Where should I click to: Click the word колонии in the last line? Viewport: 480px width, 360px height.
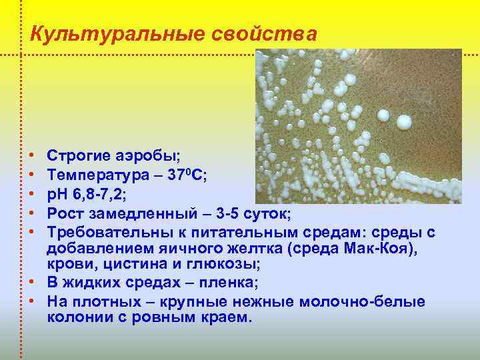(x=81, y=317)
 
